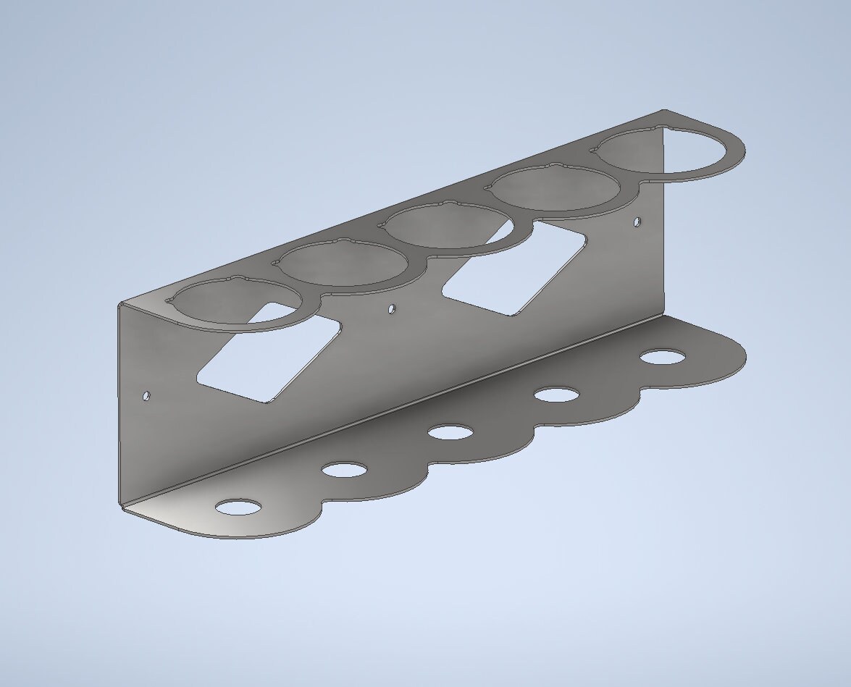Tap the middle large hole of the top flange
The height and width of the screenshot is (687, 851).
pyautogui.click(x=450, y=227)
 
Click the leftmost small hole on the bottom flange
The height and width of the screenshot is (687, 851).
pyautogui.click(x=237, y=507)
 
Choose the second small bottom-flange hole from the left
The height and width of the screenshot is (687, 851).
pyautogui.click(x=344, y=470)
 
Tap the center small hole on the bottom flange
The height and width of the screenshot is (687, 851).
pyautogui.click(x=450, y=433)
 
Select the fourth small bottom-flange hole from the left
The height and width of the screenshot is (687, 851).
pyautogui.click(x=556, y=395)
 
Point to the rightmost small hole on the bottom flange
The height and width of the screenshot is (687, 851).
pyautogui.click(x=663, y=357)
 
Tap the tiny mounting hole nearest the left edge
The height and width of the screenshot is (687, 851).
pyautogui.click(x=146, y=396)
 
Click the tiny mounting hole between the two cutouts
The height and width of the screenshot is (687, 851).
pyautogui.click(x=392, y=309)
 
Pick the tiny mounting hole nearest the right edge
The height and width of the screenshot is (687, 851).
pyautogui.click(x=637, y=222)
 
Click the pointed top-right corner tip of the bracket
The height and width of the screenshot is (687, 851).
pyautogui.click(x=665, y=111)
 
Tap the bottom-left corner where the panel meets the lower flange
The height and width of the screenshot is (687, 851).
pyautogui.click(x=121, y=505)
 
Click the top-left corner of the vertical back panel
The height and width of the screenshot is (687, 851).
pyautogui.click(x=119, y=305)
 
